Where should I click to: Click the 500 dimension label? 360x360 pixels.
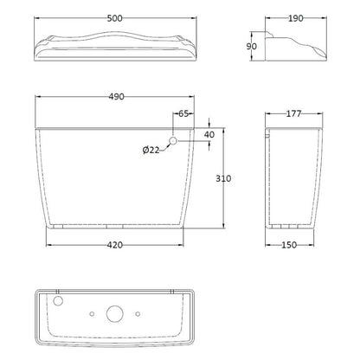tap(115, 18)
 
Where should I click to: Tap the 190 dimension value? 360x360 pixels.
tap(296, 18)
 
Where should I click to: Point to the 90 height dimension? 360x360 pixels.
tap(252, 46)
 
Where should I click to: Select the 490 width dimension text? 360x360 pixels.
tap(117, 96)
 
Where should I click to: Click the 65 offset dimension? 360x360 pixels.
tap(183, 113)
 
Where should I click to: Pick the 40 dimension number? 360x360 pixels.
tap(209, 134)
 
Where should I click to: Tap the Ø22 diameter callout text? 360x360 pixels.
tap(151, 150)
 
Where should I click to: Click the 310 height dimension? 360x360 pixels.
tap(223, 178)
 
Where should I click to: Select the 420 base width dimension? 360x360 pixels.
tap(115, 245)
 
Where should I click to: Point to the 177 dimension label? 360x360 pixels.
tap(293, 113)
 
